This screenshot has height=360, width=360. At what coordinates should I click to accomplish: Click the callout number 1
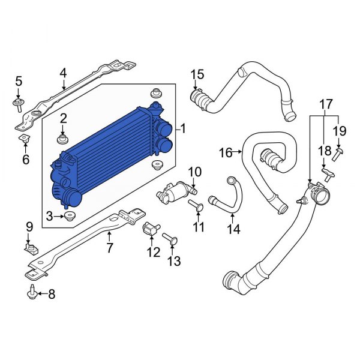click(184, 128)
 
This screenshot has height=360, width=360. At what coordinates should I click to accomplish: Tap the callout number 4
click(63, 73)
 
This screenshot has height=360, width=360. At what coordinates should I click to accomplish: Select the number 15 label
click(197, 74)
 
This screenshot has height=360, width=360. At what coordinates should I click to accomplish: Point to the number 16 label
click(225, 154)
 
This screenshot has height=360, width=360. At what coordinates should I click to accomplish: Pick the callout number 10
click(194, 173)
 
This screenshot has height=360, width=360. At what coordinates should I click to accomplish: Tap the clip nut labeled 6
click(25, 140)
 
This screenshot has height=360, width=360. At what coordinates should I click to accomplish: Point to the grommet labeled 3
click(70, 216)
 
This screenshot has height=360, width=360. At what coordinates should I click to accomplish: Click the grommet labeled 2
click(63, 140)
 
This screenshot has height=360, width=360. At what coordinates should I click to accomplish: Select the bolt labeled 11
click(197, 208)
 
